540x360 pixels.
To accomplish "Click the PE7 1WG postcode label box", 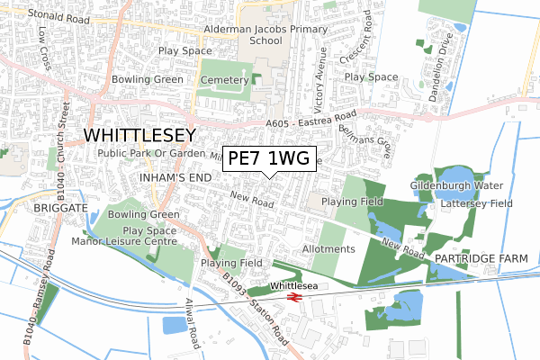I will [269, 158].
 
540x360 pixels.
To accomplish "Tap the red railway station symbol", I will [292, 296].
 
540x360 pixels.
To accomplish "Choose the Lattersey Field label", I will [477, 204].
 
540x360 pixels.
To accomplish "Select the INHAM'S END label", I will [176, 178].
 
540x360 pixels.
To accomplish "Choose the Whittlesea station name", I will [293, 285].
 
